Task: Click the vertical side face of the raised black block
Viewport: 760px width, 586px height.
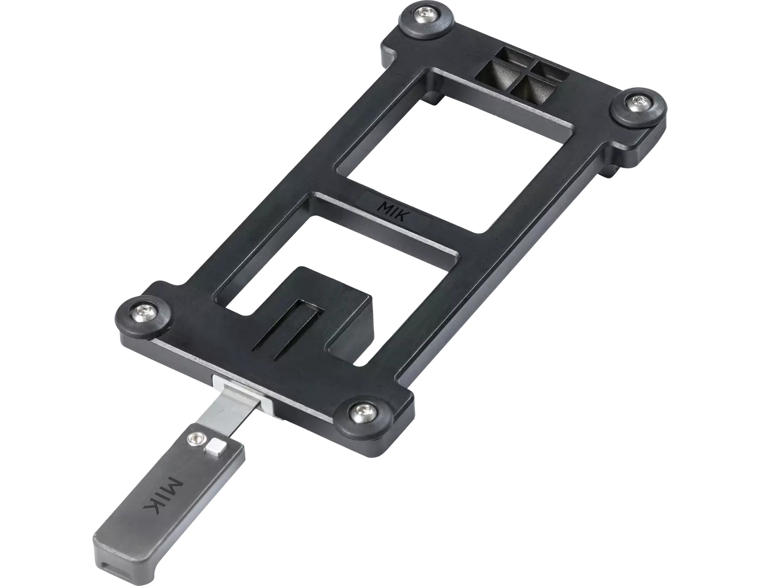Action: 353,320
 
